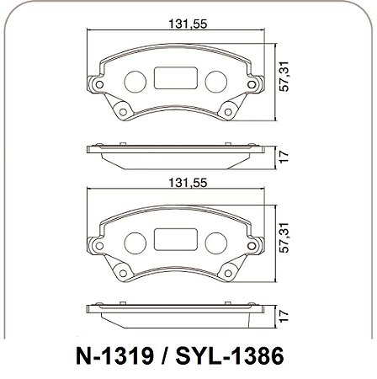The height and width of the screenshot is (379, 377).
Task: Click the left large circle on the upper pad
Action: coord(135,82)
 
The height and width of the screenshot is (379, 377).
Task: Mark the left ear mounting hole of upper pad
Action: coord(98,85)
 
